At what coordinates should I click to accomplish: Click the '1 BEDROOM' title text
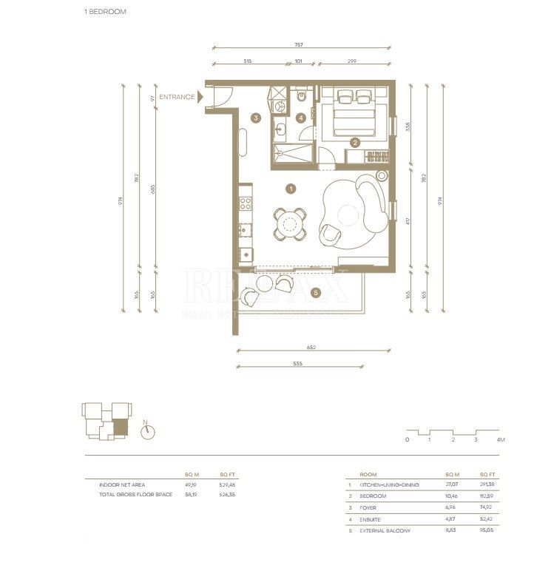pyautogui.click(x=106, y=12)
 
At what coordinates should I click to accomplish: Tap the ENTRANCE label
pyautogui.click(x=177, y=97)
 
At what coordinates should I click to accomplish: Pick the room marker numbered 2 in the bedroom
pyautogui.click(x=355, y=142)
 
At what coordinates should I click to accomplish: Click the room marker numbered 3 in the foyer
pyautogui.click(x=256, y=118)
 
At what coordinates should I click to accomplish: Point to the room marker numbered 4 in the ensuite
pyautogui.click(x=301, y=118)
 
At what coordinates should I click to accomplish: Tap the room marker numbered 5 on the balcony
pyautogui.click(x=316, y=293)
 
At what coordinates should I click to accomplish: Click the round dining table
pyautogui.click(x=290, y=223)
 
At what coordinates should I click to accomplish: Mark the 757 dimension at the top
pyautogui.click(x=298, y=45)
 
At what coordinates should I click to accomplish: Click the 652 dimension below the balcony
pyautogui.click(x=298, y=348)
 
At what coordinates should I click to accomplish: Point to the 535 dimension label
pyautogui.click(x=298, y=362)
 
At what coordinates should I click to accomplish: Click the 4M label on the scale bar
pyautogui.click(x=501, y=439)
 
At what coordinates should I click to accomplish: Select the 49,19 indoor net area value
pyautogui.click(x=191, y=484)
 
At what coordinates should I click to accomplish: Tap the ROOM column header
pyautogui.click(x=368, y=474)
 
